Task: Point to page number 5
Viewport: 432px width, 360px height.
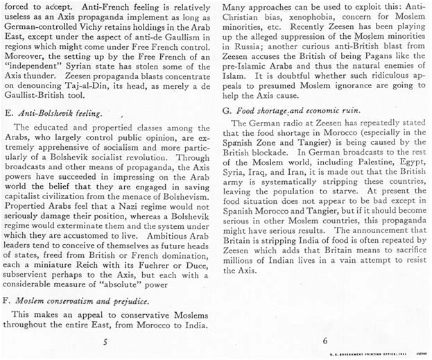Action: point(105,341)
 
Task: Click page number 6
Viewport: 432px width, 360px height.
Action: point(325,341)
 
